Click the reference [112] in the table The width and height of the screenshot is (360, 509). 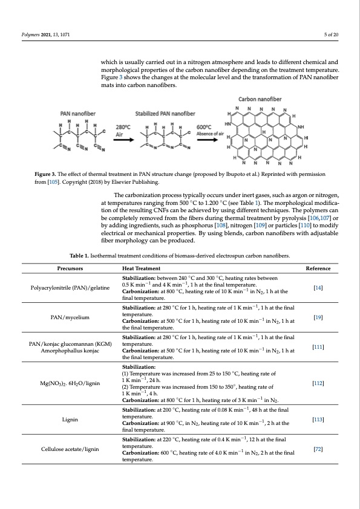(x=318, y=383)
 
